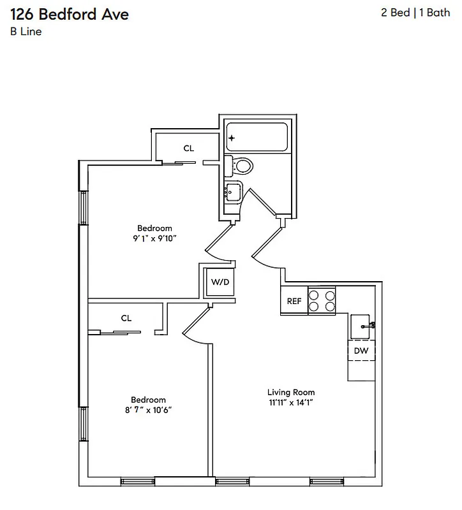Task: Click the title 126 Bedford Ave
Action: coord(70,14)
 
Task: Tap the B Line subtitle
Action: coord(26,32)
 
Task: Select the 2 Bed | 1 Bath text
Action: coord(415,13)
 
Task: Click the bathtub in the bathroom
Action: coord(257,138)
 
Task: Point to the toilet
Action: coord(241,166)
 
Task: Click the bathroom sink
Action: coord(233,191)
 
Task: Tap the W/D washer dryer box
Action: coord(220,282)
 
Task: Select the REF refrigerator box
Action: coord(294,301)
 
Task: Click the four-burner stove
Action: coord(322,301)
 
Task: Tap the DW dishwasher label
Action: coord(361,351)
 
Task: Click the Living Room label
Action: coord(290,392)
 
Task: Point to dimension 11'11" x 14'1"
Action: coord(290,403)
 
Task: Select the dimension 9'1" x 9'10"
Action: coord(154,239)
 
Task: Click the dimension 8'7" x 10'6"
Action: coord(148,411)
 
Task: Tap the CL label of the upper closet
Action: coord(188,149)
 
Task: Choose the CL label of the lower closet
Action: coord(126,318)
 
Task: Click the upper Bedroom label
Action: coord(154,228)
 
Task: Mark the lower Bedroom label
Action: coord(148,400)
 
